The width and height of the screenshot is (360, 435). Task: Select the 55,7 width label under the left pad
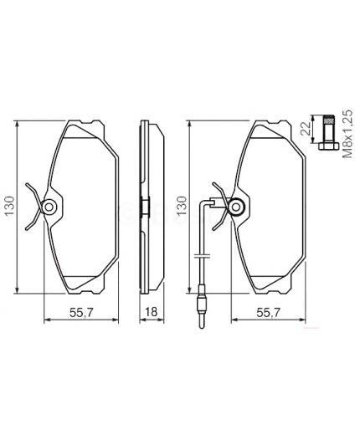coord(78,315)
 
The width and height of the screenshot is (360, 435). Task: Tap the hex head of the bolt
coord(327,148)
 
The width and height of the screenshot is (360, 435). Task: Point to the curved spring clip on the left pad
coord(32,206)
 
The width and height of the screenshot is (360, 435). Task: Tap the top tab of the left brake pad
coord(82,127)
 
